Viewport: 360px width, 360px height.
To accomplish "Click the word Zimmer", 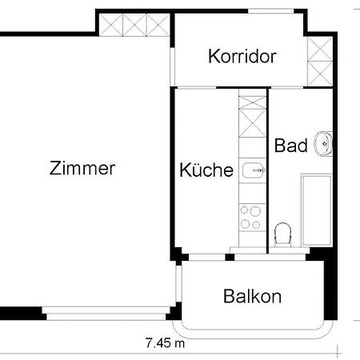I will click(x=82, y=169).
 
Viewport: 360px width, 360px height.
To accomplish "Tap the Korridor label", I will click(x=242, y=57).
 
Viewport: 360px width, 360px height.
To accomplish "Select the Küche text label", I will click(x=206, y=170).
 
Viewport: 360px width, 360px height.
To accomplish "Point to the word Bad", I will click(x=290, y=146).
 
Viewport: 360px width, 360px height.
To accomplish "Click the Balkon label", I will click(x=252, y=297).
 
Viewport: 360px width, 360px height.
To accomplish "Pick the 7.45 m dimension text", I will click(x=165, y=344).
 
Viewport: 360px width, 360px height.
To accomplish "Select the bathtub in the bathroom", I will click(x=316, y=208).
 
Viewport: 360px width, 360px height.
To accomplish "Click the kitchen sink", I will click(x=253, y=170).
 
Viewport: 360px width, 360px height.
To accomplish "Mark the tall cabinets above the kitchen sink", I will click(x=252, y=119).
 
